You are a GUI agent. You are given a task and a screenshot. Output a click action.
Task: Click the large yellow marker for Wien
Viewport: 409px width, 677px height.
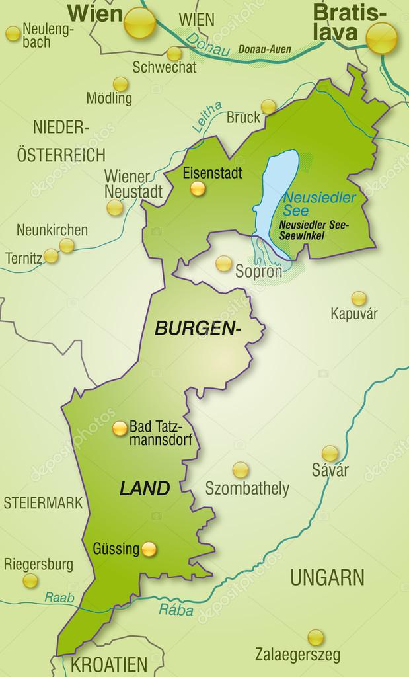140,22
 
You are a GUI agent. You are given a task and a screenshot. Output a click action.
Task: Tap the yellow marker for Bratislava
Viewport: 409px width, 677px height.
382,38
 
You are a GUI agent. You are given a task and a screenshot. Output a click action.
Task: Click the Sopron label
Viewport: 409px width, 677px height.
258,270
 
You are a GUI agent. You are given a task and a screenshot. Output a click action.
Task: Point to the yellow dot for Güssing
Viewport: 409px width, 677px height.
150,549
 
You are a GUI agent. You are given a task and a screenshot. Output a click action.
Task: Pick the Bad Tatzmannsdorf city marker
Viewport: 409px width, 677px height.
120,428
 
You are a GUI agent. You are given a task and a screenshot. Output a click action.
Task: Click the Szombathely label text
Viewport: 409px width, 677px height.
247,489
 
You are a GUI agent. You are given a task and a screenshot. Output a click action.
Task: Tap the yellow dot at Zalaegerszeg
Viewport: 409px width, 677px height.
316,637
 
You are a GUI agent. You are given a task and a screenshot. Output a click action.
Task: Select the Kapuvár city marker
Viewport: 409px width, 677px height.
359,298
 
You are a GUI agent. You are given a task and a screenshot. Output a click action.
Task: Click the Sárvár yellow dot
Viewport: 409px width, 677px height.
330,454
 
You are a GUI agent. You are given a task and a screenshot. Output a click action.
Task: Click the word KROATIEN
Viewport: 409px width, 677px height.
109,664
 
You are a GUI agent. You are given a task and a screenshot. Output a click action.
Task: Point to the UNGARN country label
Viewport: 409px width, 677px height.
327,577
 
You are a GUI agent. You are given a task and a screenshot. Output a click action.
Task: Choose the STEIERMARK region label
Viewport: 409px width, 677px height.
43,502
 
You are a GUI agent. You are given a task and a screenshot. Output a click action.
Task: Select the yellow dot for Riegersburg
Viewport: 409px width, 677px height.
30,581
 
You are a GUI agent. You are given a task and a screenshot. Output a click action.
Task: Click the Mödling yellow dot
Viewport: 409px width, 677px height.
120,84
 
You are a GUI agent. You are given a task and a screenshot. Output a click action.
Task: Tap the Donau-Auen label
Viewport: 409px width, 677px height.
261,49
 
